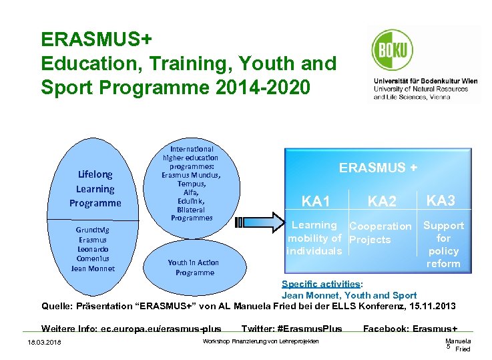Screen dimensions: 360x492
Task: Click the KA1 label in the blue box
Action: coord(316,201)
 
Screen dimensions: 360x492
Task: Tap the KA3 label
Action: coord(441,200)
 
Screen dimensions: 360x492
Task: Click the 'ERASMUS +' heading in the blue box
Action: coord(378,168)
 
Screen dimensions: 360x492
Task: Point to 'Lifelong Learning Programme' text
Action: coord(95,189)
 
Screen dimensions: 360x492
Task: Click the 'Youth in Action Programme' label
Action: coord(194,267)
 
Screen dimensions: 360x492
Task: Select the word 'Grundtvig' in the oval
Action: coord(93,230)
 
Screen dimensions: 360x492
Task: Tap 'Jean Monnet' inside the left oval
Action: coord(93,268)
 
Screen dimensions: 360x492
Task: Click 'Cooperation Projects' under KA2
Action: coord(380,232)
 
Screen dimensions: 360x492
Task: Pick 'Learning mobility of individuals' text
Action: coord(314,238)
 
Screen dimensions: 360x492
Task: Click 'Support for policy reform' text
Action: coord(443,244)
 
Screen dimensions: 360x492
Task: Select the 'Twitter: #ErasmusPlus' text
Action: coord(291,329)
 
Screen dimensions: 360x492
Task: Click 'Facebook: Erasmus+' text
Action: coord(410,329)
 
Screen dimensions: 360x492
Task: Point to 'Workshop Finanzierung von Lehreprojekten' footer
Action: coord(260,342)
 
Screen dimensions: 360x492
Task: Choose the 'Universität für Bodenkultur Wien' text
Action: coord(425,81)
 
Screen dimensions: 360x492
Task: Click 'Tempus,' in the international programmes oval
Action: coord(192,184)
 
